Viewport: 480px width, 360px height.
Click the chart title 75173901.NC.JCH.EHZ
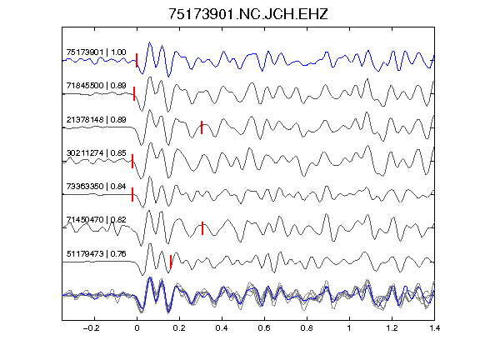pos(248,14)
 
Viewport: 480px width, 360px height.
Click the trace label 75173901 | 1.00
pos(96,52)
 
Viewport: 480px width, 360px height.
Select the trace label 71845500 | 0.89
pos(96,85)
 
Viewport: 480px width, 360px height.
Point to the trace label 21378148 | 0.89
pos(96,119)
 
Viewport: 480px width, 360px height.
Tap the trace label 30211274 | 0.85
pos(96,152)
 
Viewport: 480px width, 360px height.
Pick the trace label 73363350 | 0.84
pos(96,186)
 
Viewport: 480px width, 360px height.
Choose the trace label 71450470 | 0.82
pos(96,219)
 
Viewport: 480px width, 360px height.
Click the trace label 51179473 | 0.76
pos(96,254)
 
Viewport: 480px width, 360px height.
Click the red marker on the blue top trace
pos(137,60)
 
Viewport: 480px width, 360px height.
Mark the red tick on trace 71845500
pos(134,93)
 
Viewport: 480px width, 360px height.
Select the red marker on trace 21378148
pos(202,127)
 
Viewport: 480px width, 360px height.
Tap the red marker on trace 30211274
pos(132,161)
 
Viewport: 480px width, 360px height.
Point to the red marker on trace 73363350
pos(132,194)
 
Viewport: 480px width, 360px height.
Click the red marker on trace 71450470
pos(202,228)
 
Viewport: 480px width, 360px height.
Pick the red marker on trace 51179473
pos(171,262)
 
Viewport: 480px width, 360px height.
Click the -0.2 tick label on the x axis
pos(91,328)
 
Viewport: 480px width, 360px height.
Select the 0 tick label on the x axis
pos(137,328)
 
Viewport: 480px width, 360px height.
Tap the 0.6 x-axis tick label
pos(264,328)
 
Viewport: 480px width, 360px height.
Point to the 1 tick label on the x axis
pos(349,328)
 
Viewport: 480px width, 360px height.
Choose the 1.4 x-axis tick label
pos(434,328)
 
